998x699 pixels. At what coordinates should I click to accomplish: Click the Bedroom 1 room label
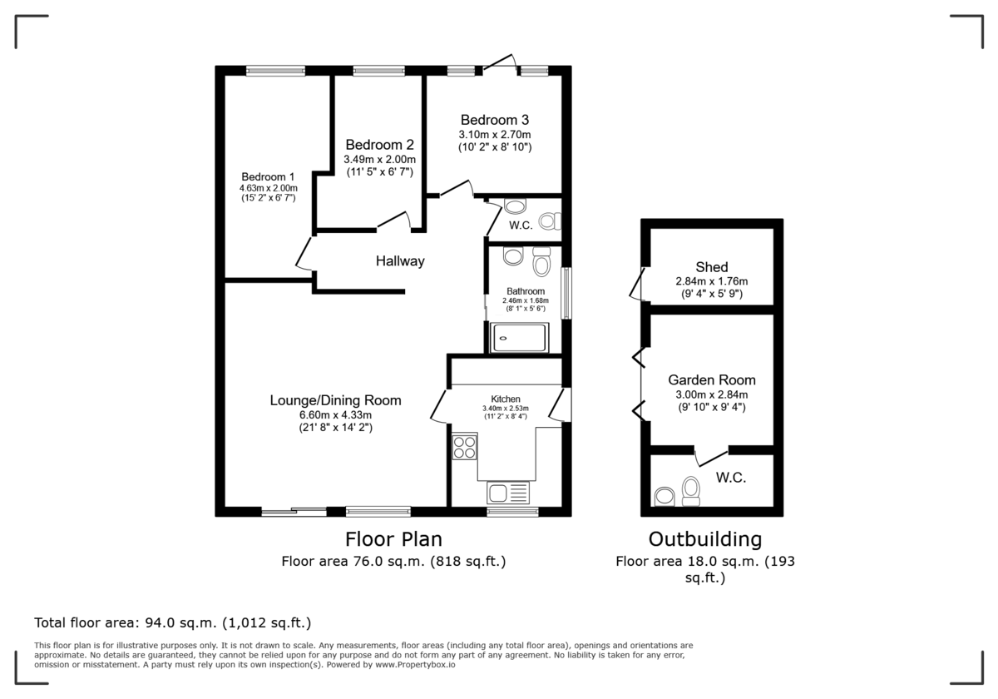268,176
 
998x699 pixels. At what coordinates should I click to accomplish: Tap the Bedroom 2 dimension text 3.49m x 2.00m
379,159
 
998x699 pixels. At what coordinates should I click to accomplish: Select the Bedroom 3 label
495,120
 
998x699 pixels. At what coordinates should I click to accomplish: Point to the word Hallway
399,261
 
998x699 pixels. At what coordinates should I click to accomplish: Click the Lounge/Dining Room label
335,400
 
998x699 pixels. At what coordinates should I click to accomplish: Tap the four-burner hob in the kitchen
465,447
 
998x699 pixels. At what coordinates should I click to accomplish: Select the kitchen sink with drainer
508,492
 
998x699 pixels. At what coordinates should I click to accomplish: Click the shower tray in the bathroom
519,338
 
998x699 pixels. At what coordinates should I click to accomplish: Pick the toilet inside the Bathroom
541,262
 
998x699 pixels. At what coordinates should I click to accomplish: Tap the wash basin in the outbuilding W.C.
665,497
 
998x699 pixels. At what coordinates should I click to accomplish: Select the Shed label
712,267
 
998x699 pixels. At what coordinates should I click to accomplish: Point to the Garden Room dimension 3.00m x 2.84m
711,394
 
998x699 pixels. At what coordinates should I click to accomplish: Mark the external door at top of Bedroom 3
499,65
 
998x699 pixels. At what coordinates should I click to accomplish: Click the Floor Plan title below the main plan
393,538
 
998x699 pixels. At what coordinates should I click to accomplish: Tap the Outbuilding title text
705,538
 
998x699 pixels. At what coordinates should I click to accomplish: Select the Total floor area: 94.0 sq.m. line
172,622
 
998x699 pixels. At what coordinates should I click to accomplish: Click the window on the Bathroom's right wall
566,293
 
